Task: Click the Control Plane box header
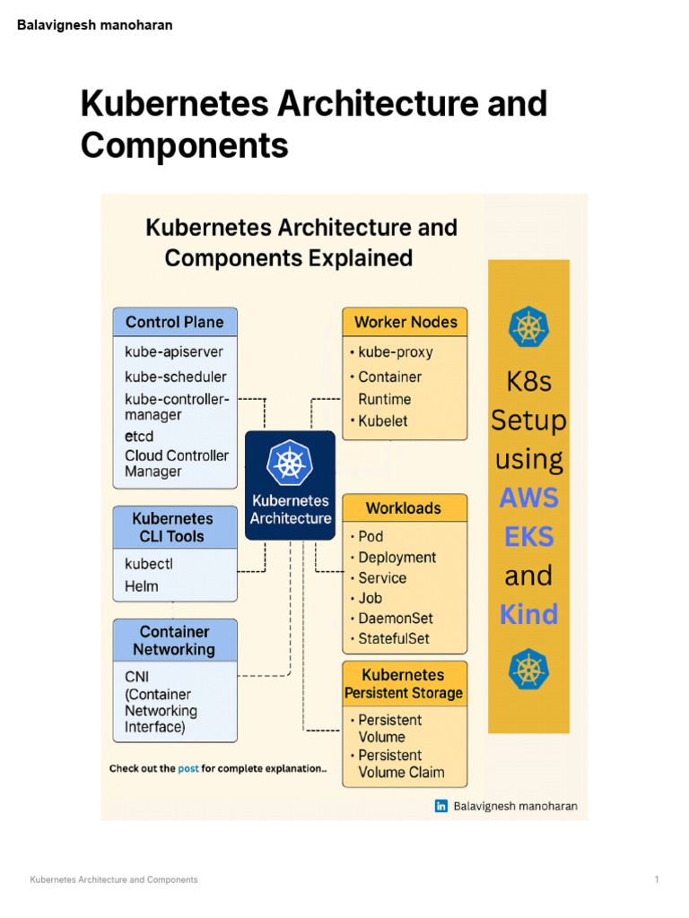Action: [x=175, y=322]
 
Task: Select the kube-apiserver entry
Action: [x=174, y=351]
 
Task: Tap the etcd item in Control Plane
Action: [x=139, y=437]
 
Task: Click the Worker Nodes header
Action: [x=405, y=322]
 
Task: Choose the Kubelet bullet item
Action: [x=384, y=420]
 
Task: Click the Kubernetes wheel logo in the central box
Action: [x=290, y=463]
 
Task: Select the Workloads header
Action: [x=404, y=508]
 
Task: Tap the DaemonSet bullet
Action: [x=395, y=619]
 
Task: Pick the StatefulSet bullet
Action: [x=393, y=639]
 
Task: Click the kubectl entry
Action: [x=148, y=565]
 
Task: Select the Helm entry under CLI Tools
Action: [x=142, y=586]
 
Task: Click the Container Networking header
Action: [x=175, y=640]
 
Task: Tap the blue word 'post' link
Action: [x=188, y=768]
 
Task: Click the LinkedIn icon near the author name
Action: [x=441, y=806]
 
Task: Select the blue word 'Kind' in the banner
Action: [x=528, y=615]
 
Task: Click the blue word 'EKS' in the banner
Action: [x=528, y=537]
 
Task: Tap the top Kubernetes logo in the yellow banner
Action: [x=528, y=327]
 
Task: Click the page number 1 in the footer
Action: [x=657, y=879]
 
